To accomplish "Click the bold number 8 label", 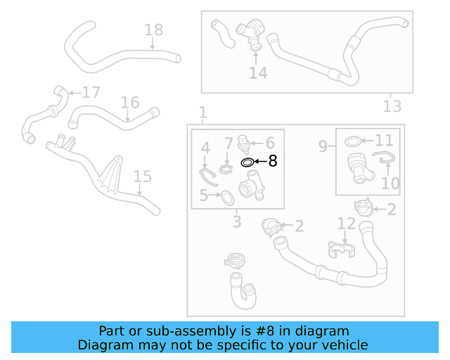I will pyautogui.click(x=273, y=162).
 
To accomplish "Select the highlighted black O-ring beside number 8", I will pyautogui.click(x=247, y=162).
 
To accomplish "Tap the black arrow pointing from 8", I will pyautogui.click(x=260, y=162).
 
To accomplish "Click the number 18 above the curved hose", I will pyautogui.click(x=153, y=30).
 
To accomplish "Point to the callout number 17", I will pyautogui.click(x=91, y=93).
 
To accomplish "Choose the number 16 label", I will pyautogui.click(x=129, y=103).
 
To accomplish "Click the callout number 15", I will pyautogui.click(x=142, y=176).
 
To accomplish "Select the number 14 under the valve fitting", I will pyautogui.click(x=258, y=72).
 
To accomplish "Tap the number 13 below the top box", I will pyautogui.click(x=392, y=106).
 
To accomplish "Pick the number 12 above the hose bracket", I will pyautogui.click(x=347, y=224).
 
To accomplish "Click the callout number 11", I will pyautogui.click(x=384, y=141).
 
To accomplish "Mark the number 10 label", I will pyautogui.click(x=390, y=184).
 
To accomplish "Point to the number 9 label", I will pyautogui.click(x=323, y=146).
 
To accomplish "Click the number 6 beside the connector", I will pyautogui.click(x=269, y=143).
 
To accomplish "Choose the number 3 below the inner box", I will pyautogui.click(x=237, y=222).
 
